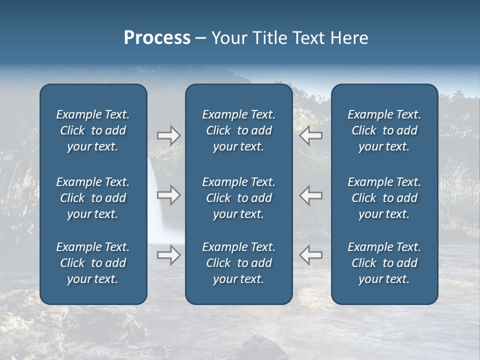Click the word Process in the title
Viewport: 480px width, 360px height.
click(x=157, y=38)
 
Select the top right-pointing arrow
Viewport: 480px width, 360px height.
click(x=168, y=135)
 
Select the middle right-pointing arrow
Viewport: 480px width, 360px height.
click(x=168, y=195)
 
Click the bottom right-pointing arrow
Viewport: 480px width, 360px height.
click(x=168, y=255)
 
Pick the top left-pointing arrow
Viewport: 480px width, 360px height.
click(x=310, y=135)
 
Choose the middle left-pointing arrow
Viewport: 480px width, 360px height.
click(x=310, y=195)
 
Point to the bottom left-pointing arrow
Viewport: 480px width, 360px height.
click(x=310, y=255)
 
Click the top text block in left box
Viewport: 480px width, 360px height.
click(x=93, y=130)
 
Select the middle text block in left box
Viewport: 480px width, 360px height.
click(x=93, y=198)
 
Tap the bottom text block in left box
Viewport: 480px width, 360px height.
click(x=93, y=263)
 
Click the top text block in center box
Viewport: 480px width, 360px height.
click(x=238, y=130)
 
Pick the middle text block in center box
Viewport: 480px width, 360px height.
click(x=238, y=198)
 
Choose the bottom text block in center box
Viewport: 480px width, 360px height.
click(x=238, y=263)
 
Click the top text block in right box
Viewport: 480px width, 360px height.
click(x=384, y=130)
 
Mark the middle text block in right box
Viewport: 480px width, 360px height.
click(x=384, y=198)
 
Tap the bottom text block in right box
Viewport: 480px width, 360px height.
click(x=384, y=263)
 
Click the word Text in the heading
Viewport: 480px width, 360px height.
click(x=310, y=38)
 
